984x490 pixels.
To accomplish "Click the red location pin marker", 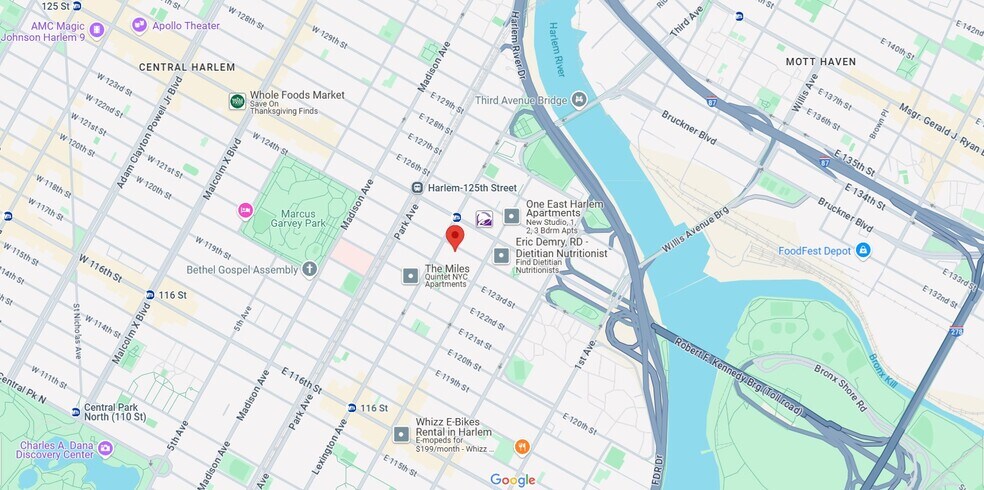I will coord(454,237).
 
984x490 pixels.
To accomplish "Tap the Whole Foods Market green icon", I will coord(237,101).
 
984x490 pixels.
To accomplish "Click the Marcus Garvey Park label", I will coord(297,220).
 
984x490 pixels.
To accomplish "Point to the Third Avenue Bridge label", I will coord(514,100).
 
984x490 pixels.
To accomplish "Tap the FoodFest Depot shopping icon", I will coord(862,250).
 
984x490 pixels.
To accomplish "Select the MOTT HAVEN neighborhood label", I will coord(821,61).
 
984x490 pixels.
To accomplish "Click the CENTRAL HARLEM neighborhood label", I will coord(187,67).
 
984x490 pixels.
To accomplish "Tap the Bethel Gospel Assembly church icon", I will coord(310,269).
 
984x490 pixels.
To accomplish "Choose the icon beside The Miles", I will coord(410,275).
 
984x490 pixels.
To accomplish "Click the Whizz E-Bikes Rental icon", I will coord(401,434).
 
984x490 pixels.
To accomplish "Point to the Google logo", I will coord(512,480).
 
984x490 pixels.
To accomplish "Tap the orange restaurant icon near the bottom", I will coord(521,447).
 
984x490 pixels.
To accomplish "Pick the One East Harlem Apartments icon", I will coord(512,216).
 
